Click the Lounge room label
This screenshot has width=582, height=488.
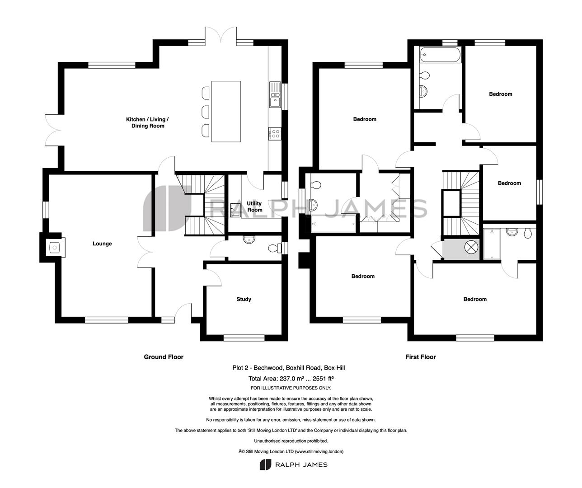(x=102, y=244)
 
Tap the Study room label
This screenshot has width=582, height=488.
(x=244, y=299)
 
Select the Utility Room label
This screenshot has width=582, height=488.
(x=254, y=206)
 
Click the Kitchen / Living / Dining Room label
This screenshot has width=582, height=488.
(x=147, y=122)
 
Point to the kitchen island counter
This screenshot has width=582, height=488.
(x=226, y=112)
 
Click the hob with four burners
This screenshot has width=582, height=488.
(x=275, y=134)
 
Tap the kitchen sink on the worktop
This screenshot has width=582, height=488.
(x=275, y=95)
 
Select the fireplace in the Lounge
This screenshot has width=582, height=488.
(x=55, y=248)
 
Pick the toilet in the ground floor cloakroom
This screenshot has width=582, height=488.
(x=274, y=248)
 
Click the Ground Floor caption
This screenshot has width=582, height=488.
(x=164, y=357)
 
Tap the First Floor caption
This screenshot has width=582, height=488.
(x=421, y=357)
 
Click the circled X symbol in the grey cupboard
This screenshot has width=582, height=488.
(x=471, y=247)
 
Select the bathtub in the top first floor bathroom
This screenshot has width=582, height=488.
(x=441, y=54)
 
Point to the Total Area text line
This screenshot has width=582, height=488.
(x=291, y=379)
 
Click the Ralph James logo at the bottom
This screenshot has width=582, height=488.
(x=294, y=465)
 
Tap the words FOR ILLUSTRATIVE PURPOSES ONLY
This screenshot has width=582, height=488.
(x=291, y=388)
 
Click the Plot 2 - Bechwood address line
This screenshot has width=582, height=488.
(x=289, y=368)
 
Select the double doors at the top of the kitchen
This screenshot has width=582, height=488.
(x=221, y=35)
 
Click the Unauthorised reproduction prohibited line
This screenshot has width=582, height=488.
(x=291, y=441)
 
